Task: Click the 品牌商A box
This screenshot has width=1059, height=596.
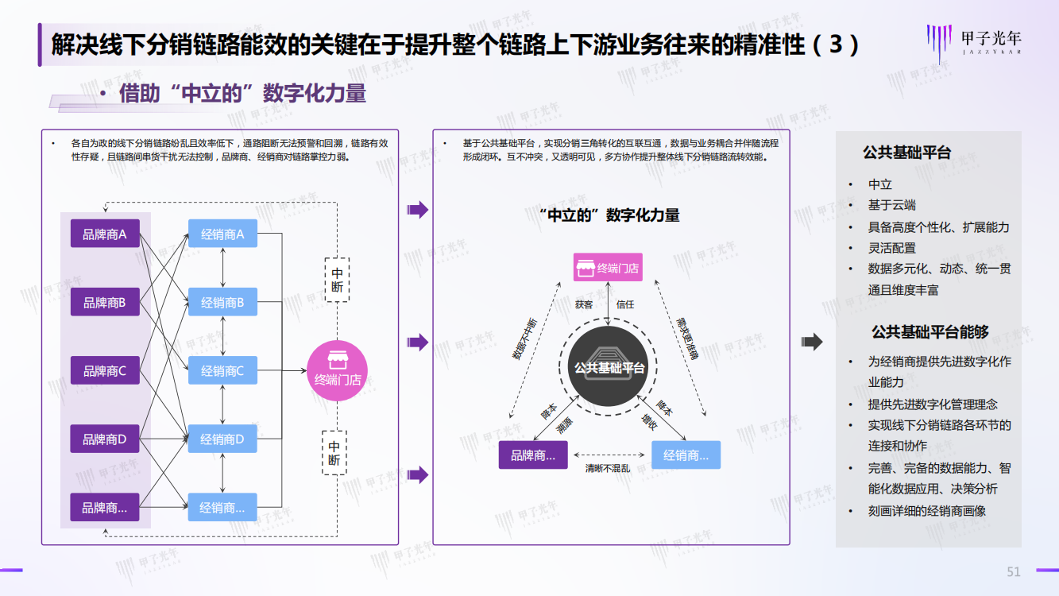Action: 105,234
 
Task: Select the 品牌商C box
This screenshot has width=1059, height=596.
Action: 105,370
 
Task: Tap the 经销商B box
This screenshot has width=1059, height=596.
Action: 222,302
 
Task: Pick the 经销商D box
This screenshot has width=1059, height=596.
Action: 222,439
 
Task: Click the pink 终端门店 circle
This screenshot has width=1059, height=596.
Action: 338,370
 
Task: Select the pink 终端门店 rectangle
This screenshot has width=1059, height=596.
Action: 609,268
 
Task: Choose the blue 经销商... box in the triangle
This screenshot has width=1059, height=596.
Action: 686,455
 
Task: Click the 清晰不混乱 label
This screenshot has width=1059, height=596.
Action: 608,469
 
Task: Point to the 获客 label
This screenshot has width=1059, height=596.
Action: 584,304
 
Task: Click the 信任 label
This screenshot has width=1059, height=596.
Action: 625,304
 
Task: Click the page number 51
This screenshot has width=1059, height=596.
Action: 1013,571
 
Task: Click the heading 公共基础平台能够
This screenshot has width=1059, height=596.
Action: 930,332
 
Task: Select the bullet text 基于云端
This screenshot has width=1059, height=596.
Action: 891,205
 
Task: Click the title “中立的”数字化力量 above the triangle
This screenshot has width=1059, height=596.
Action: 609,215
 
